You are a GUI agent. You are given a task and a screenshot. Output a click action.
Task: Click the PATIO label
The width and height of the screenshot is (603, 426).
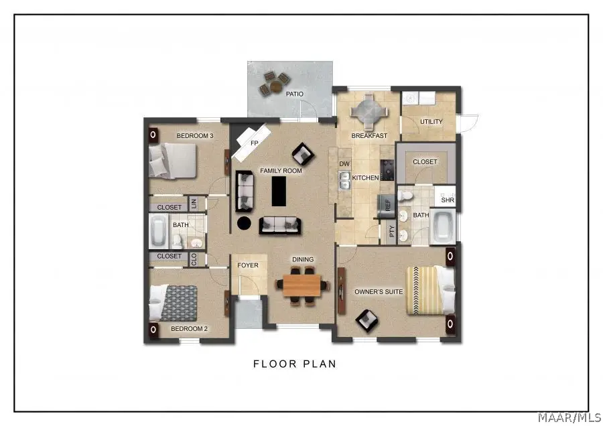295,94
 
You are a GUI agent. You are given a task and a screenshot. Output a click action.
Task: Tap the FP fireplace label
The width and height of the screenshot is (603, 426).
255,143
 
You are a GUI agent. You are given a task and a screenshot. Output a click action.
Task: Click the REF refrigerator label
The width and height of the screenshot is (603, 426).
387,205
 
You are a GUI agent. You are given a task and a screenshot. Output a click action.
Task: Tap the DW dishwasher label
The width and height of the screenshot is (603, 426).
344,163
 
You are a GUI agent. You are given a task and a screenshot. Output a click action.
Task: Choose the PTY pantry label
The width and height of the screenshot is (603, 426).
392,232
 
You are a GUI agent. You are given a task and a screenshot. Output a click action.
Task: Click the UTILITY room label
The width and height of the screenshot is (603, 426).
431,122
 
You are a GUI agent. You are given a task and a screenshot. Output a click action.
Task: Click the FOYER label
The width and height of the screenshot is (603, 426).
248,265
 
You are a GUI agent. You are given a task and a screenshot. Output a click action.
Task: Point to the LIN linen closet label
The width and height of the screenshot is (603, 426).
194,203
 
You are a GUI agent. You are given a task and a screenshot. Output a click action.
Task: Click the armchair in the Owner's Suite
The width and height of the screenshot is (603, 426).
366,319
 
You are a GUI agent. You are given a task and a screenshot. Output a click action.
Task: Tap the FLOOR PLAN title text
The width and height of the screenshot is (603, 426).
294,364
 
